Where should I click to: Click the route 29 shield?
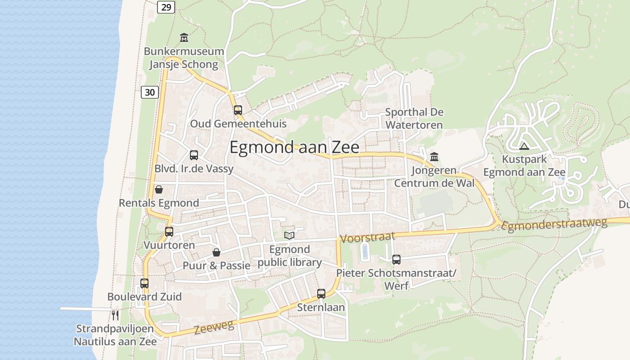(x=166, y=7)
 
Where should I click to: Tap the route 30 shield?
(x=150, y=92)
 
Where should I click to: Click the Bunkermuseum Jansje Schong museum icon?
(x=184, y=37)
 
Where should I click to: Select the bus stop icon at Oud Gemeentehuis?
(x=238, y=110)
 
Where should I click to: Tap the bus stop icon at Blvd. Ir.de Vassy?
(x=194, y=155)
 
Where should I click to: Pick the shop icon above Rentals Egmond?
(x=158, y=189)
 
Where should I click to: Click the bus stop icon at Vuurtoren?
(x=169, y=232)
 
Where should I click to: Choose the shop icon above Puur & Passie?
(x=216, y=252)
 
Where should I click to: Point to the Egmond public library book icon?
(x=289, y=235)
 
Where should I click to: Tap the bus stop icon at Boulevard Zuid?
(x=144, y=283)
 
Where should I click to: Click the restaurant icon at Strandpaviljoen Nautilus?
(x=115, y=315)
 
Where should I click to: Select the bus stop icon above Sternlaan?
(x=321, y=294)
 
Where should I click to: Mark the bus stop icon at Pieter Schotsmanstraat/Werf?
(x=396, y=260)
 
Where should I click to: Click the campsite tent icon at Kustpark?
(x=524, y=146)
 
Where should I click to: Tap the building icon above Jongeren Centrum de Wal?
(x=434, y=157)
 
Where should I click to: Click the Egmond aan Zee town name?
(x=294, y=148)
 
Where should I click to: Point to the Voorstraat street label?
(x=368, y=237)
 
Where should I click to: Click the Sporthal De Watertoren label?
(x=414, y=118)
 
